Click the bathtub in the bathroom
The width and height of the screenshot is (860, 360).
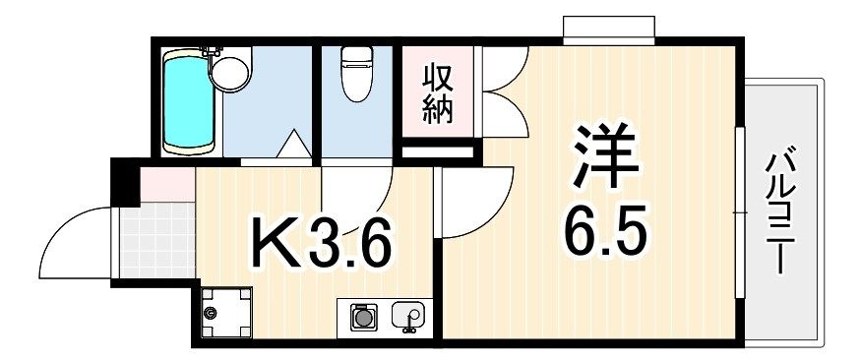pos(189,102)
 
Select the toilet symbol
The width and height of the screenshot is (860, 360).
pos(357,74)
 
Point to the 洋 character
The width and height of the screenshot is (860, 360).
pos(605,155)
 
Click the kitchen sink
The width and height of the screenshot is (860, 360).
pos(408,316)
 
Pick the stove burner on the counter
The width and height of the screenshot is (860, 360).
pos(361,317)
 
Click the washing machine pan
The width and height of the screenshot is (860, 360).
pos(226,313)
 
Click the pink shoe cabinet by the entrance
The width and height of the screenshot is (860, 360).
pos(167,185)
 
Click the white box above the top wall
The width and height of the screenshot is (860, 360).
pos(609,30)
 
